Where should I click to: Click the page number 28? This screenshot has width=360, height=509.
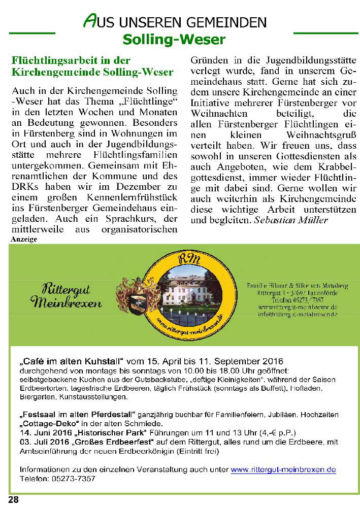[13, 500]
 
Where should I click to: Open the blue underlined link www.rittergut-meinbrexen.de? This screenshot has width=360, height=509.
[283, 470]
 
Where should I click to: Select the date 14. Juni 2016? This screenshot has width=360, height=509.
[43, 433]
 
